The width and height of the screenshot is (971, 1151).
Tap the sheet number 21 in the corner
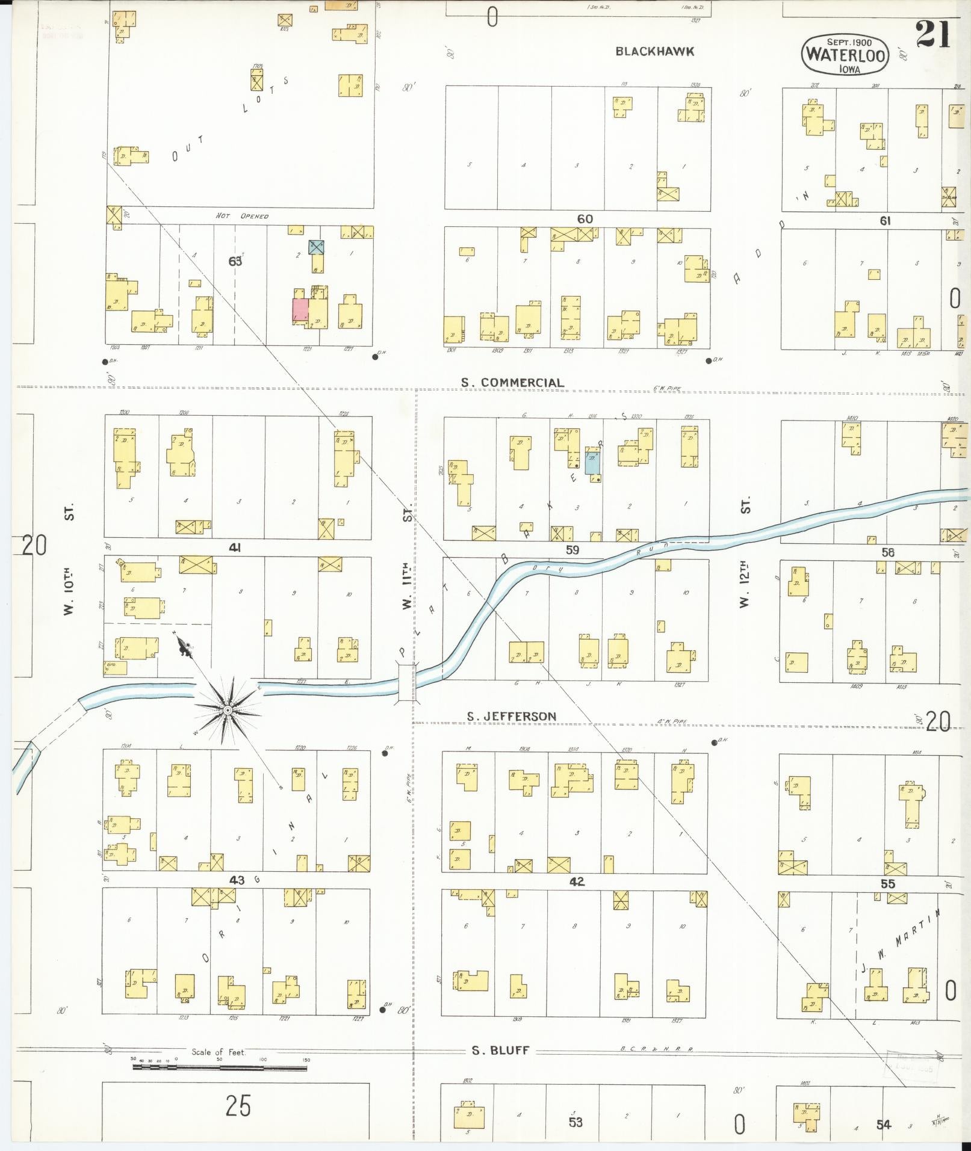(x=932, y=34)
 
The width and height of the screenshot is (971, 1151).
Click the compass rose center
(x=228, y=711)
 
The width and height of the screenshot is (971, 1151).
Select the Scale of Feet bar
(x=220, y=1068)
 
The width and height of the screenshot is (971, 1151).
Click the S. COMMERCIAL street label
(x=512, y=383)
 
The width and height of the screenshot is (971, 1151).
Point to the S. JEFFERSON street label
(x=512, y=716)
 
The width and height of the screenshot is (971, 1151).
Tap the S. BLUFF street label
(x=500, y=1051)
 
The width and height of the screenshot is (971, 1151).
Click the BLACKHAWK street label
(x=654, y=52)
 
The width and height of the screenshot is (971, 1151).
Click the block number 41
(x=235, y=548)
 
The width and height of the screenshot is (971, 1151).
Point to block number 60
(x=585, y=219)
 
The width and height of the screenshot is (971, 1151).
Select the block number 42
(x=576, y=882)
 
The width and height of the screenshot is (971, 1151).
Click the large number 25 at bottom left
(x=238, y=1105)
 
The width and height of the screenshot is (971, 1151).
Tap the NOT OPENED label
(x=242, y=216)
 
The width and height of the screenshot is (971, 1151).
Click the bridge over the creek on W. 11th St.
(x=407, y=682)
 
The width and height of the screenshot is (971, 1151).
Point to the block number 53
(x=575, y=1122)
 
